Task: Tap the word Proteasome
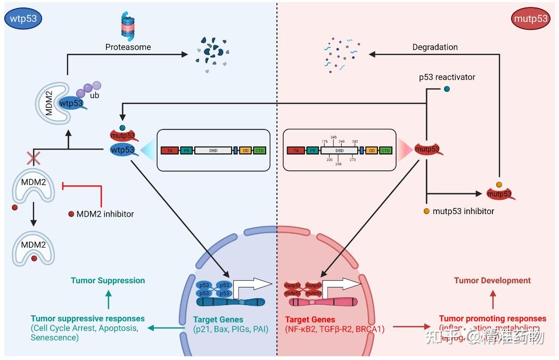coord(128,47)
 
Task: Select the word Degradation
coord(435,47)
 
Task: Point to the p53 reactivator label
coord(447,77)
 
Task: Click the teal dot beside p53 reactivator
coord(447,89)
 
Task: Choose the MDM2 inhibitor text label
coord(105,214)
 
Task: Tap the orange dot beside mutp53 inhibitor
coord(426,211)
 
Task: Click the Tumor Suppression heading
coord(108,280)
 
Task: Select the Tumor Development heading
coord(492,280)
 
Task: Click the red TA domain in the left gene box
coord(169,151)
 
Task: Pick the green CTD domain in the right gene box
coord(385,151)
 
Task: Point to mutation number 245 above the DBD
coord(333,137)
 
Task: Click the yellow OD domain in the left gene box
coord(245,151)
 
